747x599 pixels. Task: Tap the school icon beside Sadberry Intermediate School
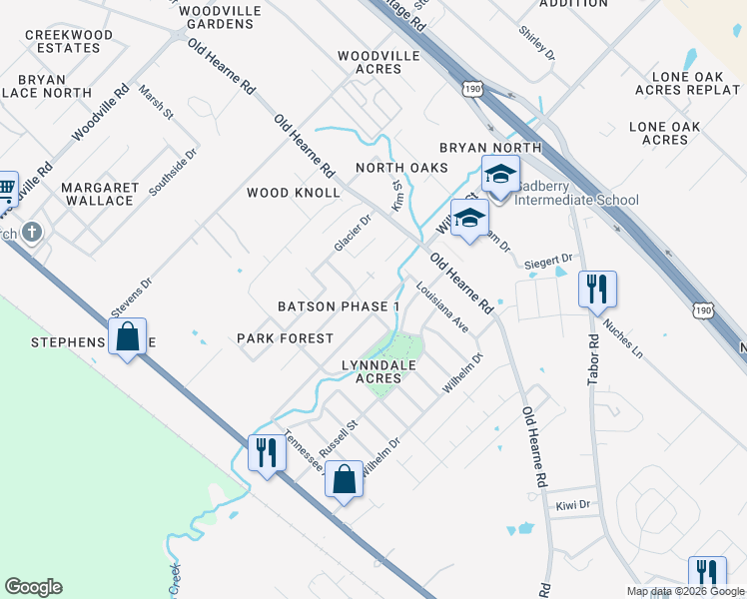(x=499, y=177)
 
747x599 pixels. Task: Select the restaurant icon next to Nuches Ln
(x=597, y=290)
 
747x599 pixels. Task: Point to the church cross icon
(x=32, y=233)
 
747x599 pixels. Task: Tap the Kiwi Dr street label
(x=574, y=506)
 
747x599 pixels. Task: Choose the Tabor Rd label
(x=594, y=353)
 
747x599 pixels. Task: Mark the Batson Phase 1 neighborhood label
(x=339, y=305)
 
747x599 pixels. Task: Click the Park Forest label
(x=285, y=338)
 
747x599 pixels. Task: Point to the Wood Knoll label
(x=294, y=193)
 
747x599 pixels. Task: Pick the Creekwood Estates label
(x=69, y=41)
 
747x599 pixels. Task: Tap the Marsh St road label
(x=157, y=102)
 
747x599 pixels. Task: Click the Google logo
(x=33, y=587)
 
